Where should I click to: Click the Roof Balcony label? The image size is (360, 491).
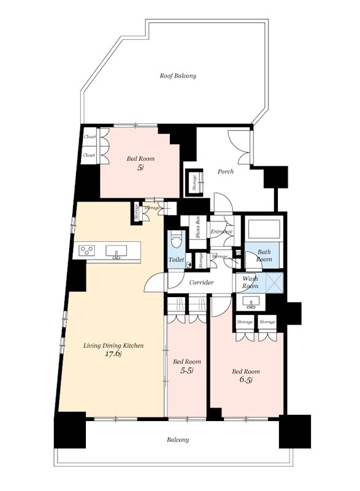click(x=178, y=75)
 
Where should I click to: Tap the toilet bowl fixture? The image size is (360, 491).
click(x=177, y=242)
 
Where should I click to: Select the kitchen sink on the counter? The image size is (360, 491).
click(x=117, y=252)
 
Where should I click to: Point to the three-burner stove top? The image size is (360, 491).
click(x=87, y=250)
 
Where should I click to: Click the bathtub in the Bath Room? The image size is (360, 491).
click(x=264, y=230)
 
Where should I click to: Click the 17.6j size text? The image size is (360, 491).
click(x=113, y=354)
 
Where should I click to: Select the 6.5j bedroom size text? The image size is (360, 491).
click(x=246, y=380)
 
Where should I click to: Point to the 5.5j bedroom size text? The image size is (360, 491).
click(x=186, y=371)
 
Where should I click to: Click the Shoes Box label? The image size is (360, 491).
click(x=197, y=228)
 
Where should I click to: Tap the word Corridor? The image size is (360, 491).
click(x=201, y=282)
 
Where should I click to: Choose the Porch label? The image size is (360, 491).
click(x=226, y=172)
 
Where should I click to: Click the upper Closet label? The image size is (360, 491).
click(x=90, y=136)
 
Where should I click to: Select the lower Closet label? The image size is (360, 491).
click(x=89, y=155)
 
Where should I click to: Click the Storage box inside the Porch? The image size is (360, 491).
click(x=194, y=182)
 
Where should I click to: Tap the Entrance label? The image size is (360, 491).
click(x=221, y=232)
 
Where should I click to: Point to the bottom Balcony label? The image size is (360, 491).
click(x=178, y=439)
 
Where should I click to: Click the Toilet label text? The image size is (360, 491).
click(x=176, y=260)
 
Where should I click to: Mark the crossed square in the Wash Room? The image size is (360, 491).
click(x=274, y=282)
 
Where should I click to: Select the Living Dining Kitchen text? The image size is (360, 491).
click(x=113, y=346)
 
